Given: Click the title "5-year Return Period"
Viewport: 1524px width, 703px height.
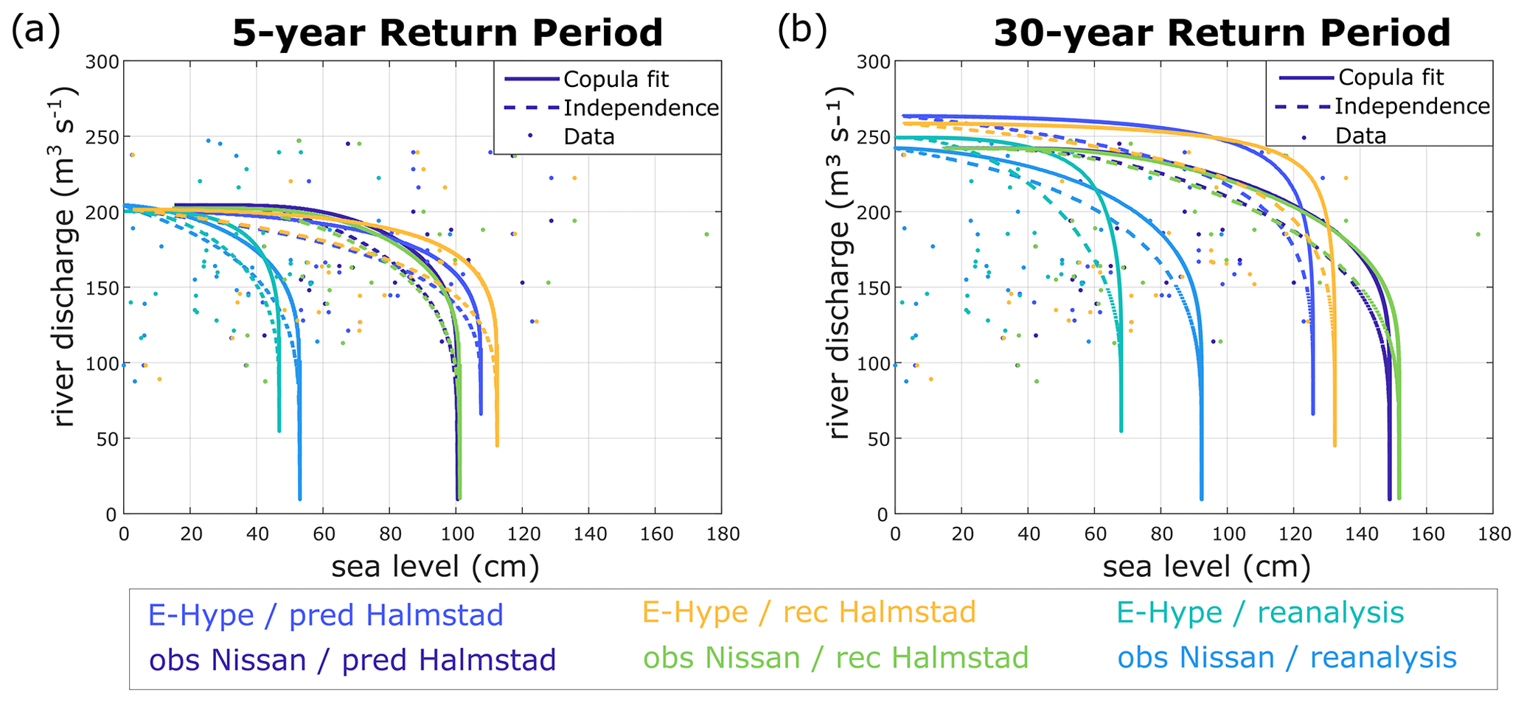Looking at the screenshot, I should point(448,33).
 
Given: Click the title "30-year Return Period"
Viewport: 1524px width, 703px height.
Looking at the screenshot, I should point(1222,33).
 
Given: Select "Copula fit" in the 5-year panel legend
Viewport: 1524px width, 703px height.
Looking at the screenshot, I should point(616,79).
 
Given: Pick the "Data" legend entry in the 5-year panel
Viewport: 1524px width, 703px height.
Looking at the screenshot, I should point(588,136).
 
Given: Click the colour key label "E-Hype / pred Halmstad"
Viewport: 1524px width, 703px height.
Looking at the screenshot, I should point(325,615).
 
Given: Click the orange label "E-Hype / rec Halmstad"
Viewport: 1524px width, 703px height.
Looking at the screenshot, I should point(809,612).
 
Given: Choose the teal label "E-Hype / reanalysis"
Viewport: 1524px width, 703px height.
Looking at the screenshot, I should point(1260,612).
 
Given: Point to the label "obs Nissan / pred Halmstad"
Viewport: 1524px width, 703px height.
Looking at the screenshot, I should point(352,660).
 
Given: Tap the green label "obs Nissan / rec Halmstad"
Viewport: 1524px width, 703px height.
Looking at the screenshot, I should point(835,657).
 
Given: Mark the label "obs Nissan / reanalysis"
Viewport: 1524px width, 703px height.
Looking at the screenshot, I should point(1287,657).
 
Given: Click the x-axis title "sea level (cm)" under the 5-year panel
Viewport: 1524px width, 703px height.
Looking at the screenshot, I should point(435,567).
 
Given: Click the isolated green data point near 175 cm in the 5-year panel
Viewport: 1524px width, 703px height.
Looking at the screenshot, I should point(706,234).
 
